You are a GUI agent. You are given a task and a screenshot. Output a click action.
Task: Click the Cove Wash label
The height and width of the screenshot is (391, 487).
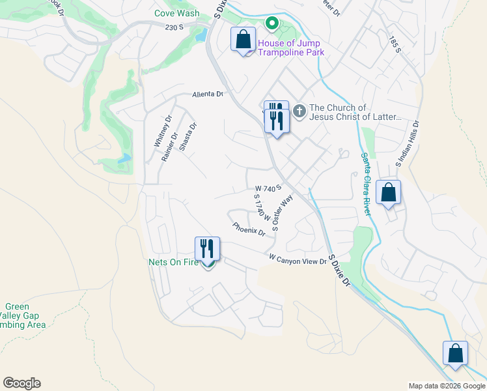tap(177, 13)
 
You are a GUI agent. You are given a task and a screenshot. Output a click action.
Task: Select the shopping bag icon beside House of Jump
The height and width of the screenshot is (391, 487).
tap(244, 40)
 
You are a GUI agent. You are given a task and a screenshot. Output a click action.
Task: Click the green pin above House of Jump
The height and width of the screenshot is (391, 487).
tap(271, 24)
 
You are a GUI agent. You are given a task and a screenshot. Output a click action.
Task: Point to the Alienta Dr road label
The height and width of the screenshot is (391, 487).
tap(208, 94)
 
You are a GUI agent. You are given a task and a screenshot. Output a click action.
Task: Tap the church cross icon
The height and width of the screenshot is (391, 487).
tap(299, 111)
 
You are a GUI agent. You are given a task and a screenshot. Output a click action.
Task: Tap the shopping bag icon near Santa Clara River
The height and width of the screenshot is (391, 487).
tap(388, 193)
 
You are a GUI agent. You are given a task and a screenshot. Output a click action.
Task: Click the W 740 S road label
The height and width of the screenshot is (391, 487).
tap(268, 188)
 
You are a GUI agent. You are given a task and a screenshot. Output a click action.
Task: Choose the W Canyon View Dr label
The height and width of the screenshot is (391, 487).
tap(297, 260)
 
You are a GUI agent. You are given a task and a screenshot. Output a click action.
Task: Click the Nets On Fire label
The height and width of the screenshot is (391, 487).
tap(173, 263)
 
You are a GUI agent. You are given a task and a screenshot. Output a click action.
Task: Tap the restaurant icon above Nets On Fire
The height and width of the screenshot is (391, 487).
tap(208, 248)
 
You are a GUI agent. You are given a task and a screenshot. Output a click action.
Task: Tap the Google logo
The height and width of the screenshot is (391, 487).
tap(21, 383)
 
